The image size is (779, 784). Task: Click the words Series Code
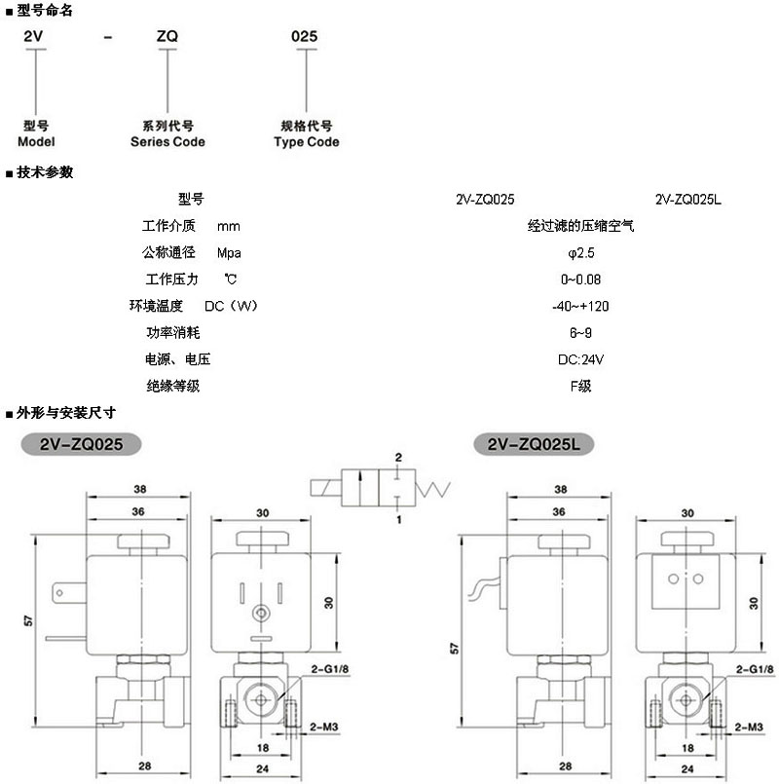coord(167,142)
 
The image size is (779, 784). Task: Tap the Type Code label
coord(307,142)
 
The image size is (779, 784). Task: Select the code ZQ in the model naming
coord(167,36)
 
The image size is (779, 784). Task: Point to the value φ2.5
coord(579,253)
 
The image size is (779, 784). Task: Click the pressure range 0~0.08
coord(580,280)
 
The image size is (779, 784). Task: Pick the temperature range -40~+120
coord(580,306)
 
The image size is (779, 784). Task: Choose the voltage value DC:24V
coord(581,359)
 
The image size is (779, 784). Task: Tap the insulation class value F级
coord(580,386)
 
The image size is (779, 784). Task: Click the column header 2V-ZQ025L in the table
coord(688,200)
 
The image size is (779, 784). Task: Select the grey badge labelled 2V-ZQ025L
coord(532,444)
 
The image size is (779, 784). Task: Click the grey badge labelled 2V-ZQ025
coord(81,444)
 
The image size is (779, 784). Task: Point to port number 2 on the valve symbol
coord(398,457)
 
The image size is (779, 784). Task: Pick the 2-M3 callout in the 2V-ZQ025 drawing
coord(322,727)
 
